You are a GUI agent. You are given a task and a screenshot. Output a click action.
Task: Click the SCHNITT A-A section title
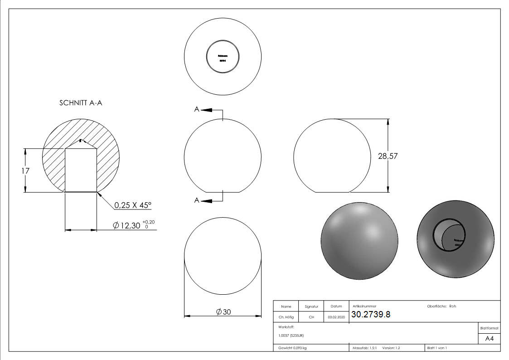(81, 103)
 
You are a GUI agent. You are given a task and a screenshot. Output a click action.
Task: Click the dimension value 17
(25, 171)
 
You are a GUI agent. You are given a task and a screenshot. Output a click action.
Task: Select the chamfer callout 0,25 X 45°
(132, 205)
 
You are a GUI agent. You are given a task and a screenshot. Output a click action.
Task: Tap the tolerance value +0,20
(148, 222)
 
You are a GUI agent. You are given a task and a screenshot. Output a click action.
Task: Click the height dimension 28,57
(388, 156)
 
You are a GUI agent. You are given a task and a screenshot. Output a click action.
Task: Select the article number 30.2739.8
(371, 315)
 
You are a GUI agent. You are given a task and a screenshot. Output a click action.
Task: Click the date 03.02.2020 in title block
(336, 317)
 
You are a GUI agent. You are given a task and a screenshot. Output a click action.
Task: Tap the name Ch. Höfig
(286, 317)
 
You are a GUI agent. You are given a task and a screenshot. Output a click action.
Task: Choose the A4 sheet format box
(489, 339)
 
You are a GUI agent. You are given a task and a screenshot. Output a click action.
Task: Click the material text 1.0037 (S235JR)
(291, 335)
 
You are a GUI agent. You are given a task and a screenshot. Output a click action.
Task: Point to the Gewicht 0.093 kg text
(292, 348)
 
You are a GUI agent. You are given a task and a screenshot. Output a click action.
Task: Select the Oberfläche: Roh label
(441, 306)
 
